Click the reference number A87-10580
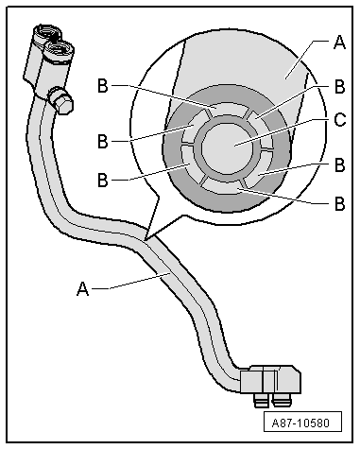302,422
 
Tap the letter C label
339,120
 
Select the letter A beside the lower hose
83,288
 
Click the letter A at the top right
339,43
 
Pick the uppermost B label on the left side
103,85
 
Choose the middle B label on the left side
103,141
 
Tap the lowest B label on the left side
103,181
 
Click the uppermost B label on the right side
339,87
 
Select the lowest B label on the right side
339,204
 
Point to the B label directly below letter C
339,164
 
